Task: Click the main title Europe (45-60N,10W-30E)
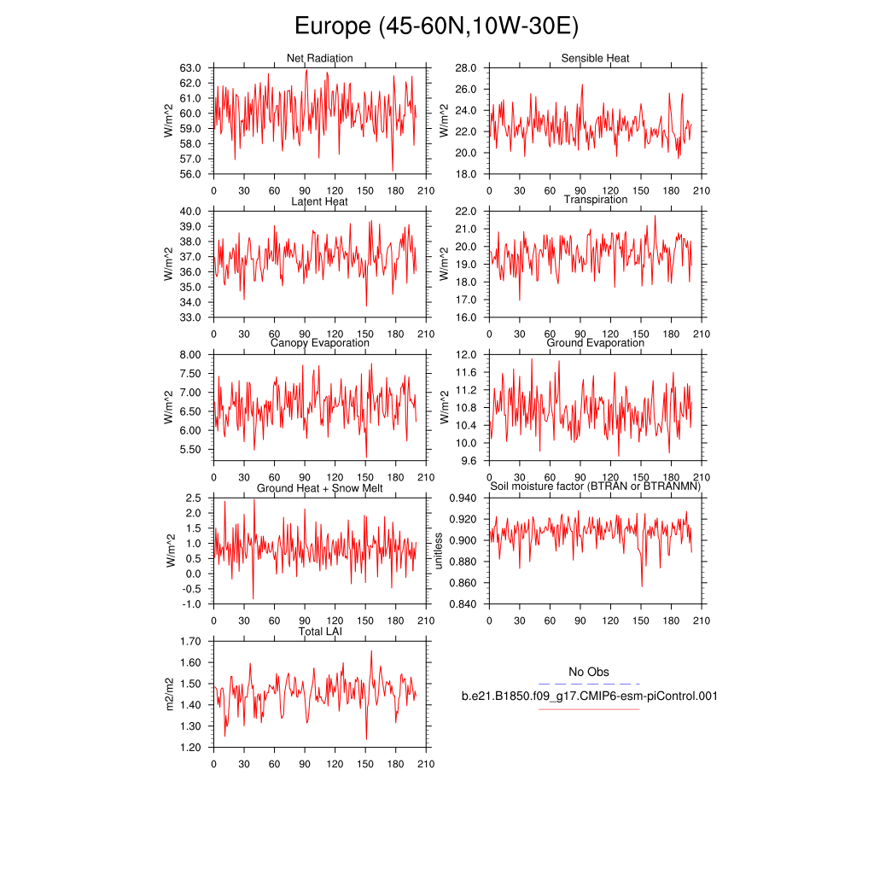pyautogui.click(x=436, y=26)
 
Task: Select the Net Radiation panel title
pyautogui.click(x=319, y=58)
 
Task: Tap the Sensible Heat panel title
pyautogui.click(x=595, y=58)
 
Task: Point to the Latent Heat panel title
pyautogui.click(x=319, y=201)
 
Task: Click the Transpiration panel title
pyautogui.click(x=595, y=200)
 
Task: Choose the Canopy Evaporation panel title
pyautogui.click(x=319, y=343)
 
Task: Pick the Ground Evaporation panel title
pyautogui.click(x=595, y=343)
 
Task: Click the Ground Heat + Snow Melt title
pyautogui.click(x=319, y=488)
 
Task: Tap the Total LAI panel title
pyautogui.click(x=319, y=632)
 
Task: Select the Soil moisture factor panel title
pyautogui.click(x=595, y=487)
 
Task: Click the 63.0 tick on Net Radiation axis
pyautogui.click(x=190, y=67)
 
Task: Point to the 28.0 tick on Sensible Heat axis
pyautogui.click(x=465, y=67)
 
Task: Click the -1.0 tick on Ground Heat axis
pyautogui.click(x=190, y=604)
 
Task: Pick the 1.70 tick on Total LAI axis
pyautogui.click(x=189, y=641)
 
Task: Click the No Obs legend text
pyautogui.click(x=589, y=673)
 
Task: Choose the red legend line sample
pyautogui.click(x=589, y=708)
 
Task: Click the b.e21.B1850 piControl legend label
pyautogui.click(x=589, y=696)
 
